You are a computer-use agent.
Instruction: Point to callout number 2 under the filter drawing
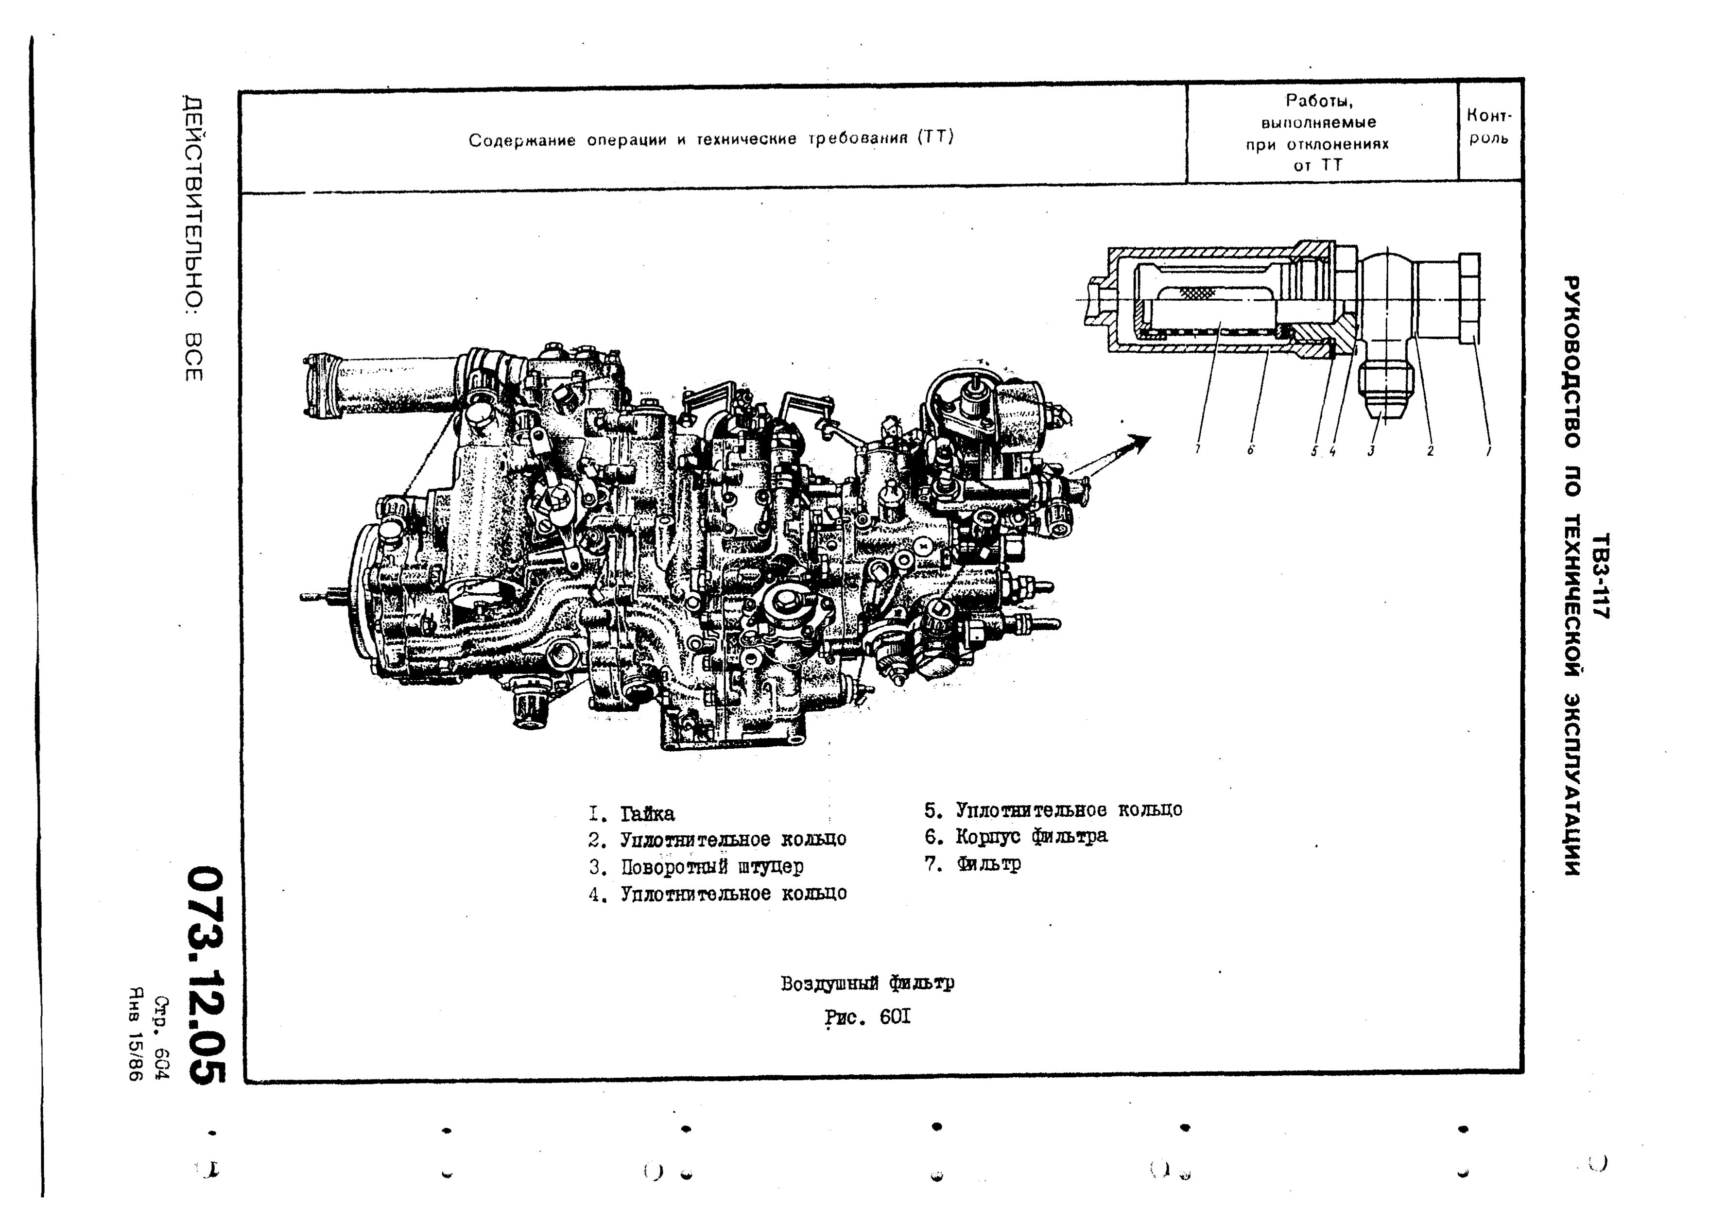click(1430, 449)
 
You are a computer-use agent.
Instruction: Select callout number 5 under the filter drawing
click(1314, 449)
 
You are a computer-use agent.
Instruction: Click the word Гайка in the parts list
click(648, 813)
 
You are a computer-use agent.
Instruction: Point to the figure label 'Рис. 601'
click(868, 1016)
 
